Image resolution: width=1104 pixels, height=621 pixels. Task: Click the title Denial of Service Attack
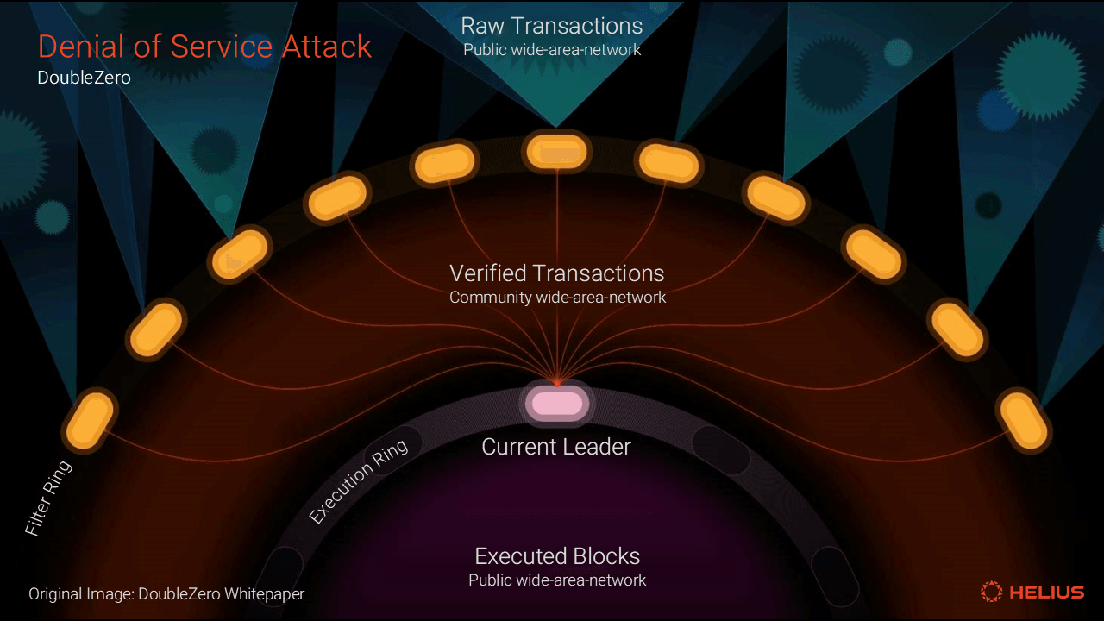tap(204, 47)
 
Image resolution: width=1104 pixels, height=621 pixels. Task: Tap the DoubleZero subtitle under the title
tap(84, 78)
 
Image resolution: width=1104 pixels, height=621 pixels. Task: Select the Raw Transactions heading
tap(552, 25)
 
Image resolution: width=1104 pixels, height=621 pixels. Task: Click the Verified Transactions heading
tap(557, 273)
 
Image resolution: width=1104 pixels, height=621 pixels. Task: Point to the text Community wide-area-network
tap(557, 298)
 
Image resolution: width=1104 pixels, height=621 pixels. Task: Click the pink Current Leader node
tap(556, 403)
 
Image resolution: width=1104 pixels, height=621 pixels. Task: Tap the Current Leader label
tap(556, 447)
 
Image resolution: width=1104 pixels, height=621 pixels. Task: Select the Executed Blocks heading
tap(557, 555)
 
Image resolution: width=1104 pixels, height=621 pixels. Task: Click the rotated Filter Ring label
tap(48, 499)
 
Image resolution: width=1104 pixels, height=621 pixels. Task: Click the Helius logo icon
tap(992, 592)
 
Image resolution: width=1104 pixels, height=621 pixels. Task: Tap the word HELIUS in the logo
tap(1047, 593)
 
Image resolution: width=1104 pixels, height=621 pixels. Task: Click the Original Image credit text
tap(166, 594)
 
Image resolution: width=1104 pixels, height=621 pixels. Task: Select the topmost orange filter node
tap(556, 152)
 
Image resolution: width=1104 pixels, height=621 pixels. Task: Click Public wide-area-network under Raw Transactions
tap(552, 50)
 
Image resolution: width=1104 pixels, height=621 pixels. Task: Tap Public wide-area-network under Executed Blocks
tap(557, 580)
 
